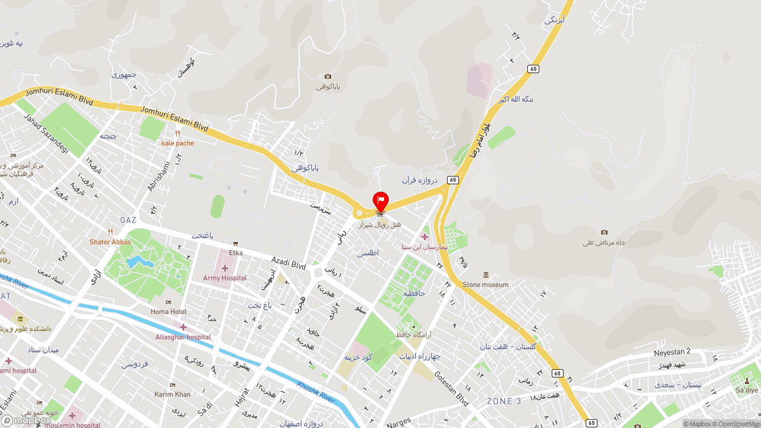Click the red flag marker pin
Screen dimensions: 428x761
380,201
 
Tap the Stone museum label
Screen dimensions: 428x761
486,284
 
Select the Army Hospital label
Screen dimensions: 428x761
225,278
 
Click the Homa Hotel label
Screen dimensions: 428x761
168,311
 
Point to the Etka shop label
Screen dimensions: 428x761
235,253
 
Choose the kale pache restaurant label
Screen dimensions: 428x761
177,143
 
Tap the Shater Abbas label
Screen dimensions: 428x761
110,242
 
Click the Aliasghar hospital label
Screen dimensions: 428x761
183,337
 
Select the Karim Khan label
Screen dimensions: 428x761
172,394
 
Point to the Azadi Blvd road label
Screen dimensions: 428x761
288,263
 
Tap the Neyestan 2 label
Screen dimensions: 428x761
672,352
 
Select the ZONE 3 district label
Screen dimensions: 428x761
504,401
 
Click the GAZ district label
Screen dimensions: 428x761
128,220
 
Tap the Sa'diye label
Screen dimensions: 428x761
747,391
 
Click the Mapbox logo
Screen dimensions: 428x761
26,421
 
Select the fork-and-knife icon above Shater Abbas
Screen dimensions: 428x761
110,232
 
